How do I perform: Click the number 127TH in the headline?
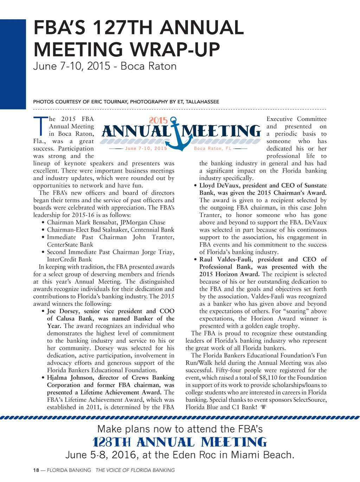tap(121, 28)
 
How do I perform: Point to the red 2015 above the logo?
tap(158, 121)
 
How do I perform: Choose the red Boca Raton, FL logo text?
tap(213, 148)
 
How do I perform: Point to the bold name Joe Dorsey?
tap(63, 311)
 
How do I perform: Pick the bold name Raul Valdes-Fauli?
tap(226, 259)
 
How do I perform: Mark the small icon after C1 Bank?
tap(263, 407)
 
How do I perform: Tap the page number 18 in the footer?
tap(36, 470)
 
